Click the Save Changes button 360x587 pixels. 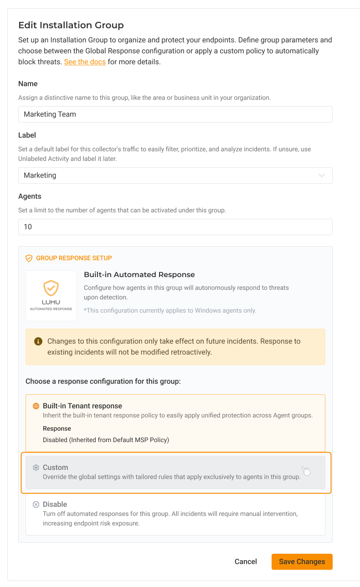[302, 561]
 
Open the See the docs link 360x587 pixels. [85, 62]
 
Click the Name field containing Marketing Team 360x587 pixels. [175, 114]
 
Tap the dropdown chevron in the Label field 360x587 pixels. [322, 175]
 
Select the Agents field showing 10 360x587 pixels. [175, 227]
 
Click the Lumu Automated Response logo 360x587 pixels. [51, 295]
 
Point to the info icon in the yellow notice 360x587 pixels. [38, 341]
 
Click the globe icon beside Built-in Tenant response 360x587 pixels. [36, 406]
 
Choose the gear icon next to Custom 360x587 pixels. [36, 468]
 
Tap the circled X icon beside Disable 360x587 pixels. [36, 505]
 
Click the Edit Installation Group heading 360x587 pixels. [71, 25]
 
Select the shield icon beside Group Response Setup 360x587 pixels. [29, 258]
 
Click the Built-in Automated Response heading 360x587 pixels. [139, 275]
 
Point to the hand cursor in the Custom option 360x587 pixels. [306, 471]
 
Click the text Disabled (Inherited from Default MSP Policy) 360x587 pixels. [106, 440]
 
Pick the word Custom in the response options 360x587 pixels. [55, 468]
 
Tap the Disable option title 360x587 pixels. [55, 505]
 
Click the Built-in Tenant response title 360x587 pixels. [82, 406]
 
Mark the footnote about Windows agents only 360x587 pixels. [170, 310]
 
